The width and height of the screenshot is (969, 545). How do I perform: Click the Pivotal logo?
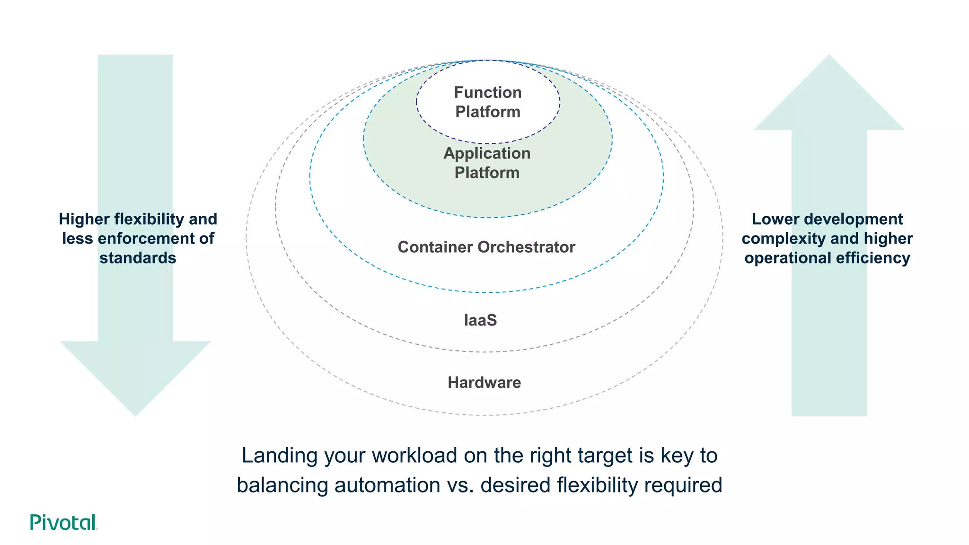tap(63, 522)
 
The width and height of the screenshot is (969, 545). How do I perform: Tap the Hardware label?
tap(484, 382)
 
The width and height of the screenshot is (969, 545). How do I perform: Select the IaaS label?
tap(480, 320)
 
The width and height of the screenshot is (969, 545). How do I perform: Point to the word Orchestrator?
tap(526, 247)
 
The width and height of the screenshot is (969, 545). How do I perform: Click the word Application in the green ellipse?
tap(486, 153)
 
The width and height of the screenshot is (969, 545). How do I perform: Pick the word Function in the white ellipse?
tap(487, 92)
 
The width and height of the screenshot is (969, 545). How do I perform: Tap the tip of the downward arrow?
tap(135, 414)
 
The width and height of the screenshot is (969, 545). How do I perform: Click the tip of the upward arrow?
tap(829, 57)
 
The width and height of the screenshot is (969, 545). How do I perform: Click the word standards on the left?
tap(138, 258)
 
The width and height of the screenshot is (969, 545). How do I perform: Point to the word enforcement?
tap(144, 238)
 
